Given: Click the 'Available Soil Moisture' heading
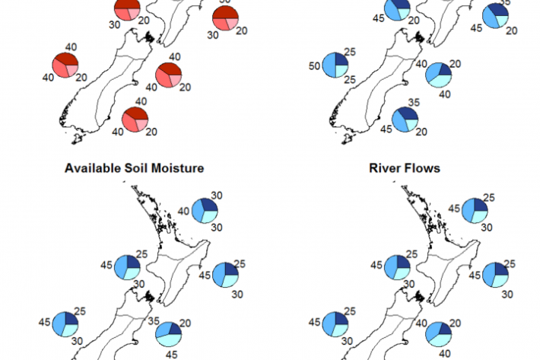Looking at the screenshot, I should pos(134,167).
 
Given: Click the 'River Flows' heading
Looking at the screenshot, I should pos(405,167).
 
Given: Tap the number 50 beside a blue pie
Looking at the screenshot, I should pos(312,68).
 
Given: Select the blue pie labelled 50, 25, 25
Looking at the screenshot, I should pos(335,65).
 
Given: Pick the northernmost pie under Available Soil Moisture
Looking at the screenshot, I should pos(205,210).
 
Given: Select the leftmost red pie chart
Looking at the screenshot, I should pos(66,65).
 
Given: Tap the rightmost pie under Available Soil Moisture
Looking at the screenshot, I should pos(227,274).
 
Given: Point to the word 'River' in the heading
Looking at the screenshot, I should pos(386,167).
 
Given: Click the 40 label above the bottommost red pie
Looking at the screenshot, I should pos(140,101).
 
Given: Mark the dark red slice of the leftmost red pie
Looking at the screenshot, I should pos(70,60).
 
